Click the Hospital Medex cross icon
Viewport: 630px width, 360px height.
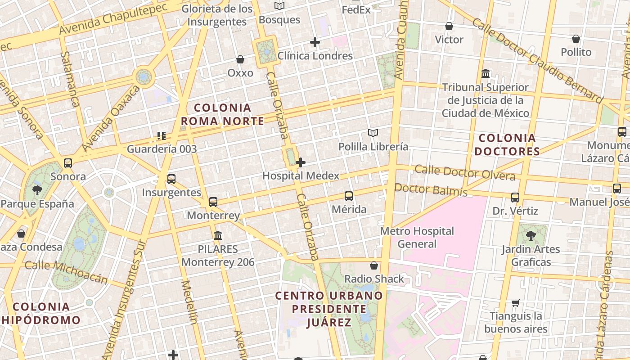coord(301,162)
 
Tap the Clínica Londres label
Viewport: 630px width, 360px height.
coord(315,56)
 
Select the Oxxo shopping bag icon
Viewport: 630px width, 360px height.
coord(240,59)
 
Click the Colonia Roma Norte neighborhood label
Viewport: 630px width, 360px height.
coord(222,114)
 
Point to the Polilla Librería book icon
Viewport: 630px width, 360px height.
coord(373,133)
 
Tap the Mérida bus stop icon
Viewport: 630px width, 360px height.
coord(349,196)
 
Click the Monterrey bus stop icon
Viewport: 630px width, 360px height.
coord(213,202)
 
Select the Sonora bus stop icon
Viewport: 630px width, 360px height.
coord(68,163)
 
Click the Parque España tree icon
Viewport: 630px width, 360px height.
coord(37,190)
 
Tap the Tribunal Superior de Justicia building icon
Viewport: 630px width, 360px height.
coord(486,73)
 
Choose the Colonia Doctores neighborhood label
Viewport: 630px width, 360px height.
coord(507,144)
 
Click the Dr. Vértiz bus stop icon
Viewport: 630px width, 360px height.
coord(515,198)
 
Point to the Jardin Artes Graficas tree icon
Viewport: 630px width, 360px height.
coord(531,235)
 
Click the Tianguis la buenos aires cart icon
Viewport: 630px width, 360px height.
coord(515,303)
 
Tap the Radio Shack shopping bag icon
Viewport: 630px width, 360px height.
coord(373,265)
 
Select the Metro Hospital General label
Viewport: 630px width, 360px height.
coord(417,238)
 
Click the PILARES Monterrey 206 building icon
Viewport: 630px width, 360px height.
coord(218,235)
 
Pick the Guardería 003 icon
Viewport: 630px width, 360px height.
coord(162,135)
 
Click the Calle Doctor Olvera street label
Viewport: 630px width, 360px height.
coord(465,172)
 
